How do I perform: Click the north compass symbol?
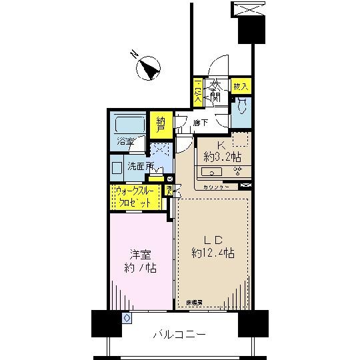[x=148, y=67]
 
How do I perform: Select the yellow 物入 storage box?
[x=241, y=87]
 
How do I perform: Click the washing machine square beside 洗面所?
[x=117, y=167]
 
